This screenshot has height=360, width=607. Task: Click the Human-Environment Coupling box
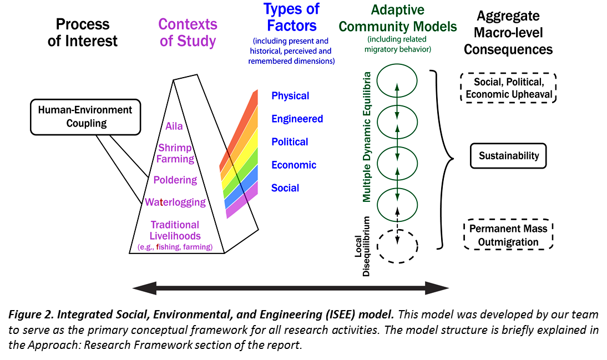(x=86, y=116)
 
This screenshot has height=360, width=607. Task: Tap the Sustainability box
(x=508, y=156)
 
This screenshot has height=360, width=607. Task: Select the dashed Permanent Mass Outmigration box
(x=508, y=235)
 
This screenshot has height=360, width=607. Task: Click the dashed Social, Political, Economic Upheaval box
(x=508, y=88)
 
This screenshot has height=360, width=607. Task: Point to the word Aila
(x=174, y=126)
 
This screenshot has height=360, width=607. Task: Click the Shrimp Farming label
(x=175, y=154)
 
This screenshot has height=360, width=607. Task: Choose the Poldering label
(x=175, y=180)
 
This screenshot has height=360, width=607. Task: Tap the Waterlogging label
(x=175, y=202)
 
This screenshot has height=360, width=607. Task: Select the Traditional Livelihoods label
(x=175, y=230)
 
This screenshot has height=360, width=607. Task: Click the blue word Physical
(x=290, y=96)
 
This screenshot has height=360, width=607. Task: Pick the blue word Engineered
(x=297, y=119)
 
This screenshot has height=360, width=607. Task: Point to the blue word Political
(x=290, y=142)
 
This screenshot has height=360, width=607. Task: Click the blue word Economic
(x=294, y=165)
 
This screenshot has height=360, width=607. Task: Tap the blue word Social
(x=285, y=188)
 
